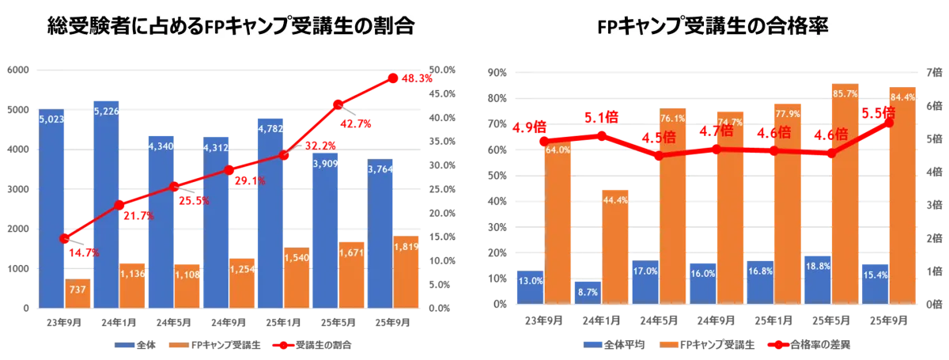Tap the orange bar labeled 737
[78, 294]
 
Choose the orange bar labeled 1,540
[297, 277]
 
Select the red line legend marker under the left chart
[285, 344]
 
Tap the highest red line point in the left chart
[392, 78]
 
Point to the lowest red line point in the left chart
[65, 238]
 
